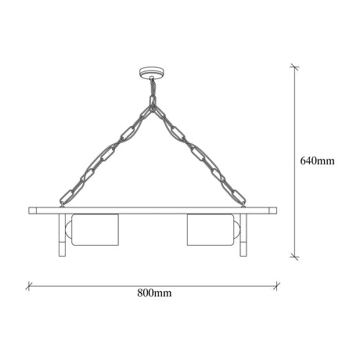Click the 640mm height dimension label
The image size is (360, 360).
(x=317, y=161)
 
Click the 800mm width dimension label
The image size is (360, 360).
(x=154, y=293)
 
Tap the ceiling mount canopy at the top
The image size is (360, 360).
(x=152, y=72)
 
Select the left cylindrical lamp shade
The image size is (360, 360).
(x=95, y=229)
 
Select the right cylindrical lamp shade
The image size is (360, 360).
(x=211, y=229)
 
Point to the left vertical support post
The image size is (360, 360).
(x=62, y=235)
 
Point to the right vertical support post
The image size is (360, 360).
(x=243, y=235)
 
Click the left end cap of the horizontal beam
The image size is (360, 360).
(x=33, y=211)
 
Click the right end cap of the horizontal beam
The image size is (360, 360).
(x=273, y=211)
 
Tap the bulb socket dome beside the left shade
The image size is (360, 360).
(x=68, y=229)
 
